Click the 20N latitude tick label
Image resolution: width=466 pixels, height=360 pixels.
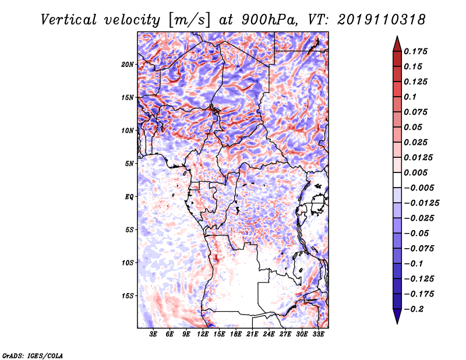coord(128,65)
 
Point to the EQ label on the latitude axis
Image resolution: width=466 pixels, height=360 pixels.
coord(129,197)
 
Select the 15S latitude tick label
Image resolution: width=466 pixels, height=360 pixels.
coord(128,296)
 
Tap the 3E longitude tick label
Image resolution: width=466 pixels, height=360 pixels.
coord(153,334)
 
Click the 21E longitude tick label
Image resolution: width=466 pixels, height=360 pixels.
coord(252,334)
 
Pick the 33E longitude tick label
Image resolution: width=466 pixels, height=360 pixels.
coord(318,334)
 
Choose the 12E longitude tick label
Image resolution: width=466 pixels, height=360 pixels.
coord(202,334)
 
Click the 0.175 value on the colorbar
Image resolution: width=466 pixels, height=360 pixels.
coord(415,51)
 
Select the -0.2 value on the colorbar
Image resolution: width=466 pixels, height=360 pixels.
coord(414,309)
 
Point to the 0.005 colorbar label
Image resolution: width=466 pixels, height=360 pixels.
coord(415,172)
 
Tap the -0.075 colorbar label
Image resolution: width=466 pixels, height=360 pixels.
coord(419,249)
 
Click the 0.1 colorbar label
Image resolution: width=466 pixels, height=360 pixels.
coord(410,97)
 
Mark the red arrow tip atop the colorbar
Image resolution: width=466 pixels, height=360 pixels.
coord(397,36)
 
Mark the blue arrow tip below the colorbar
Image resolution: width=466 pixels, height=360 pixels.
coord(397,323)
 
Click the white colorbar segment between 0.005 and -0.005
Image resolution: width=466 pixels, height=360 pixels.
coord(397,180)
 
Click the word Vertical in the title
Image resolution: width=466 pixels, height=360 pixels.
coord(68,20)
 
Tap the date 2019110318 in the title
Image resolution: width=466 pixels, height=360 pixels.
coord(382,20)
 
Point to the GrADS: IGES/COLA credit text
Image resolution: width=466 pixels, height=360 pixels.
coord(33,355)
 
